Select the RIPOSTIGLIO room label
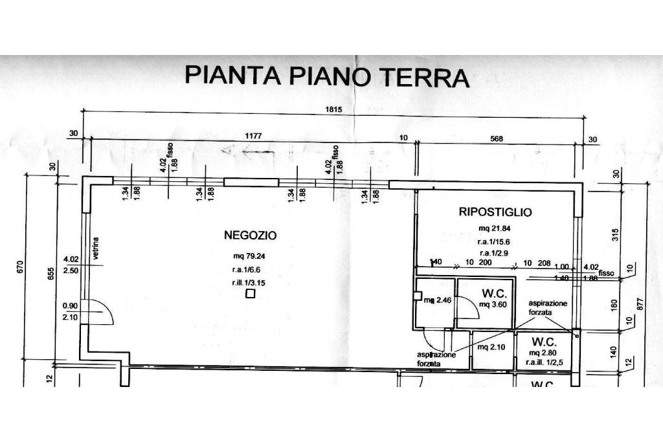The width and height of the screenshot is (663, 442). click(495, 212)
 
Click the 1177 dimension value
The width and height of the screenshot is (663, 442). click(258, 137)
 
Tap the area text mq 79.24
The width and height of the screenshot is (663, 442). click(245, 255)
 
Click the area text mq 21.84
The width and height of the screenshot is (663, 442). click(495, 228)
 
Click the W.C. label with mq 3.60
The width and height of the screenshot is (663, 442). click(494, 293)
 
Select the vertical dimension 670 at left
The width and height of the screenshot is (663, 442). click(20, 267)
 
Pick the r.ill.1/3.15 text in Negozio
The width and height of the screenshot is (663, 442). click(249, 283)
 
